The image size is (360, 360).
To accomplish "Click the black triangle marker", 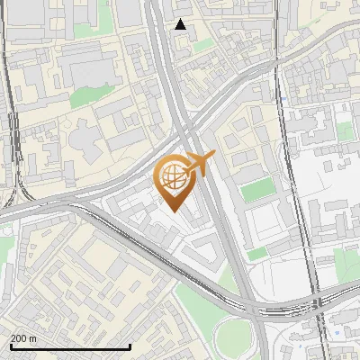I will coord(181,24).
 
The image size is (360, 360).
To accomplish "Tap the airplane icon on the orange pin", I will coord(198,166).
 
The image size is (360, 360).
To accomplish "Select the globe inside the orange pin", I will coord(173,177).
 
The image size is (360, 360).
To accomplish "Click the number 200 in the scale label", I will coord(18,338).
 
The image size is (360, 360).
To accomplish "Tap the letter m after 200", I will coord(32,338).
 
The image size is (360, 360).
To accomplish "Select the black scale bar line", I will coord(70,346).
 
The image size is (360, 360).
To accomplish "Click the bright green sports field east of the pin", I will coord(258,191).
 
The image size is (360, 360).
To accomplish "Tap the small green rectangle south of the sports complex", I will coord(258,254).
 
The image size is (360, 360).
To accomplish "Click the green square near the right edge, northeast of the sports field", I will coord(346,131).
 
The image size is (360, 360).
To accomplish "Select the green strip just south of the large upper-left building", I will coord(88,95).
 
